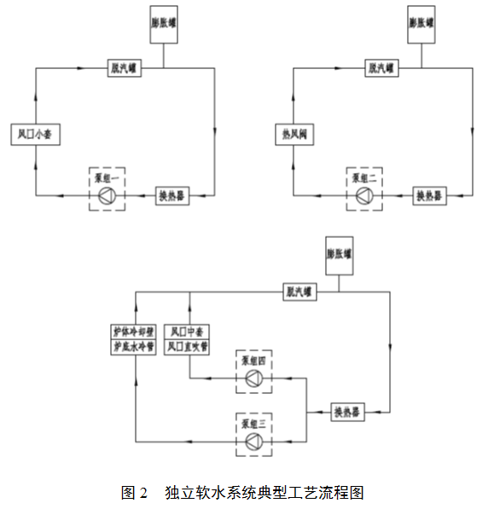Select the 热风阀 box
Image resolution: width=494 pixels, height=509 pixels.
[x=294, y=134]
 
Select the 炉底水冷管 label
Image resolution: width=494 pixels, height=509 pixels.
[x=134, y=347]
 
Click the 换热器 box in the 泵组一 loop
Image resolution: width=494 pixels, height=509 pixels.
[x=171, y=196]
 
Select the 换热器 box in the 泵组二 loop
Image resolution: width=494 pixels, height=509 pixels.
[x=432, y=196]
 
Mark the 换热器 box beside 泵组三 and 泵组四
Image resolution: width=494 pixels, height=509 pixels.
[x=347, y=412]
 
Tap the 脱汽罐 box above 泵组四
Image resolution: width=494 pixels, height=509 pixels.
[x=298, y=292]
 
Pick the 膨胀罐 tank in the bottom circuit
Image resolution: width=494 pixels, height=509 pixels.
[x=339, y=255]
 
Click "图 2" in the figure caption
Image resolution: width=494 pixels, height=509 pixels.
[x=135, y=492]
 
